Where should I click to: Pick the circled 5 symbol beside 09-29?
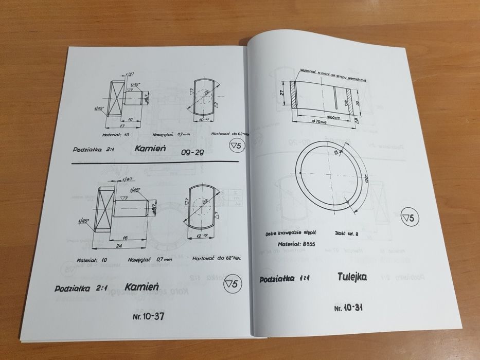pos(237,147)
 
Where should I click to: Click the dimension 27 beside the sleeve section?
pos(282,93)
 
